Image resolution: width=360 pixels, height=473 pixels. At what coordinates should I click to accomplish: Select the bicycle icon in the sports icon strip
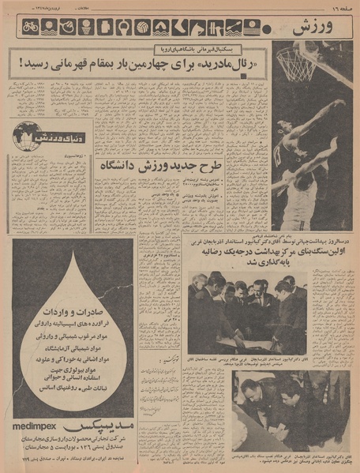(x=30, y=27)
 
